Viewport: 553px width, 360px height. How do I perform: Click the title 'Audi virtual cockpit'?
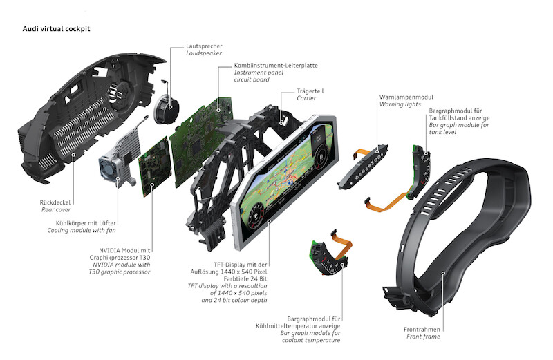click(57, 29)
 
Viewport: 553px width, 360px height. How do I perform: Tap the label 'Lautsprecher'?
click(205, 45)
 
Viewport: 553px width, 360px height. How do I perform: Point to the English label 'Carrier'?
click(306, 98)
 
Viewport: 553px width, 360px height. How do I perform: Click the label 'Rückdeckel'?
click(53, 202)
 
